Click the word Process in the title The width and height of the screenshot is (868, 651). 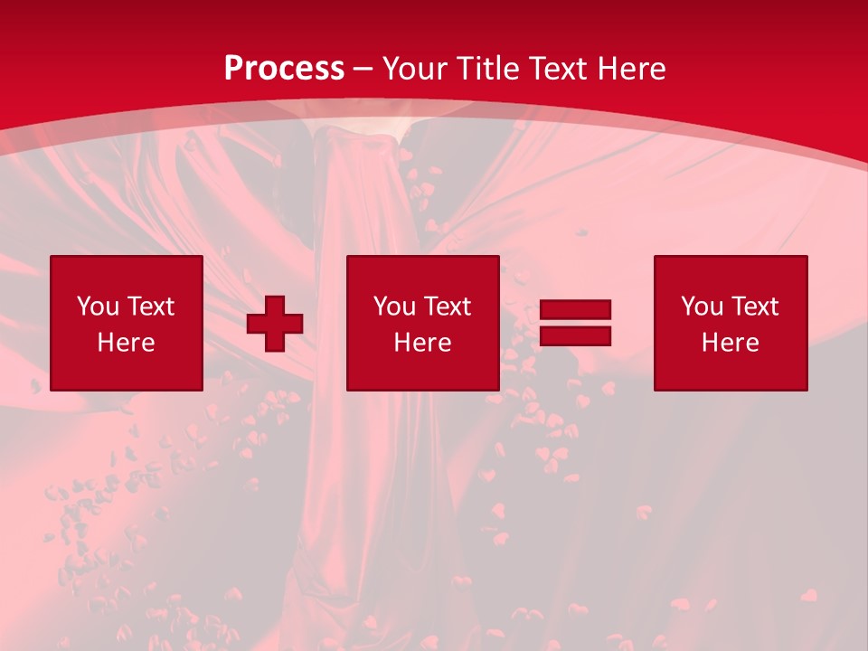(x=284, y=69)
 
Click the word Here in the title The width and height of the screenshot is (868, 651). (x=633, y=69)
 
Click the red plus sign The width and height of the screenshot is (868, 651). (x=275, y=324)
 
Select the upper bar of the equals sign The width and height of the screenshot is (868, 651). (x=575, y=309)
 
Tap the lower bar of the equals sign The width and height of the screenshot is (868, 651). (x=575, y=335)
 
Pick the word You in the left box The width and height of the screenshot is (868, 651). (x=97, y=307)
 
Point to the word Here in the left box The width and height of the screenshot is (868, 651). (x=126, y=343)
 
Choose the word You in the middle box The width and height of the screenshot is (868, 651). (x=393, y=307)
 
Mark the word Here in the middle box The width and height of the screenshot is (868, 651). (x=422, y=343)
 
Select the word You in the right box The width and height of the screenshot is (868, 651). (x=701, y=307)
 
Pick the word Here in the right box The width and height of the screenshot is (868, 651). (x=730, y=343)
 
